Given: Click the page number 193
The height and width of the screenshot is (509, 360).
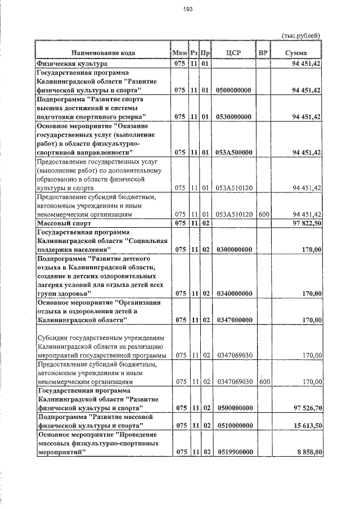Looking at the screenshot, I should tap(188, 8).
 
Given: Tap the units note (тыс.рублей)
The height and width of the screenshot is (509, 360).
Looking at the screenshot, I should tap(301, 35).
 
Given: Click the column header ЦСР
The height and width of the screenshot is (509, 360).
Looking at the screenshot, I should tap(233, 53).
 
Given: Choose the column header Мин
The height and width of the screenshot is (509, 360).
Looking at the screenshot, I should tap(180, 53).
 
